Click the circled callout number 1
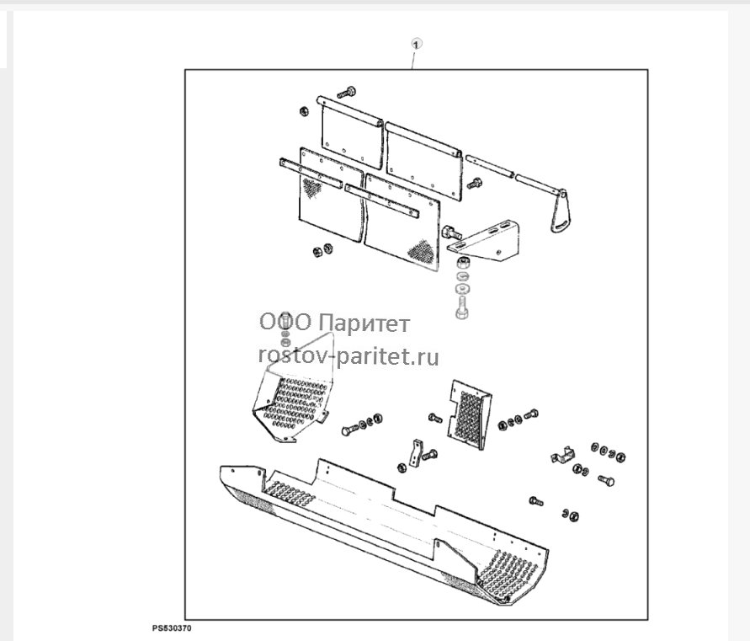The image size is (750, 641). click(x=417, y=45)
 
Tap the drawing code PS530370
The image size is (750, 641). click(x=173, y=628)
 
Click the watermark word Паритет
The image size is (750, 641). click(x=364, y=323)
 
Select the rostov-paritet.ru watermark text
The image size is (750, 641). click(x=348, y=356)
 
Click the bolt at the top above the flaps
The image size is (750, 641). click(x=346, y=92)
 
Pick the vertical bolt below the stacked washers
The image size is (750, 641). click(x=461, y=307)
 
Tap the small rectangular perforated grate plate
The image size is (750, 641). click(x=469, y=409)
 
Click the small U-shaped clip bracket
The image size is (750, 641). click(x=562, y=454)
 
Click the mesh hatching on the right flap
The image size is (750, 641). click(x=422, y=250)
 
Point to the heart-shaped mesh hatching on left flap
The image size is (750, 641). click(x=312, y=188)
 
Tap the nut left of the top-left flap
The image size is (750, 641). click(x=303, y=111)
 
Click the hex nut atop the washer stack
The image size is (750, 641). click(x=462, y=262)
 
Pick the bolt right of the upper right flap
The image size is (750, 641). click(x=475, y=183)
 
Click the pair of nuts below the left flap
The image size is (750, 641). click(x=322, y=250)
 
